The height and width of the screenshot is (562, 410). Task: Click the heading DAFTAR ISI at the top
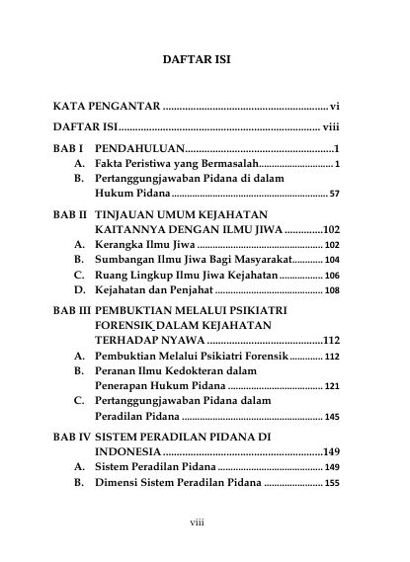coord(196,59)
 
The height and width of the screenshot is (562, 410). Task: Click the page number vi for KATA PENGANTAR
coord(335,104)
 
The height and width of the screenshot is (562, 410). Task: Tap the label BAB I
coord(68,147)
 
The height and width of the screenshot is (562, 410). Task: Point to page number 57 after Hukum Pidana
coord(334,194)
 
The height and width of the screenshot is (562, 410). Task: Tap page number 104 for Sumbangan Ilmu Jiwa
coord(332,260)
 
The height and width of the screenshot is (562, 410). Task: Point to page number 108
coord(332,290)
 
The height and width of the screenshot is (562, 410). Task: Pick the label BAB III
coord(72,310)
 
